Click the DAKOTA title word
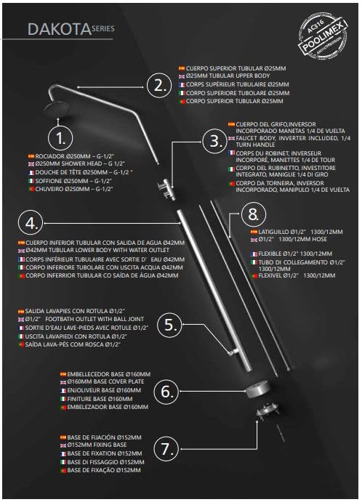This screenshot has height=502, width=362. pos(60,30)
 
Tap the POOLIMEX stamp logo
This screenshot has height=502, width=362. pos(323,35)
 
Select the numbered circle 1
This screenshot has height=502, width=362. pos(60,138)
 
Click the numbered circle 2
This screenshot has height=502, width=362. pos(159,86)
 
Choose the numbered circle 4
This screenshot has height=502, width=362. pos(31,223)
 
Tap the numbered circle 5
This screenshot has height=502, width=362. pos(170,325)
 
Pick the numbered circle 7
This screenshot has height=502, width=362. pos(166,449)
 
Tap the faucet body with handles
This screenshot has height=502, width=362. pos(166,190)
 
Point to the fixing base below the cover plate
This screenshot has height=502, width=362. pos(267,410)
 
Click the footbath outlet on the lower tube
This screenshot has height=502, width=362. pos(233,352)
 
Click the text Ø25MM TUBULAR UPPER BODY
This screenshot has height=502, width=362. pos(228,76)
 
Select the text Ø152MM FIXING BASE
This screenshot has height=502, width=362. pos(97,445)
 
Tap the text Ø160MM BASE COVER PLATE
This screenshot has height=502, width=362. pos(105,381)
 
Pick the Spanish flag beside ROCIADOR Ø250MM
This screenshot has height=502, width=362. pos(31,156)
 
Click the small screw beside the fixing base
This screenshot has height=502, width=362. pos(281,433)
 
